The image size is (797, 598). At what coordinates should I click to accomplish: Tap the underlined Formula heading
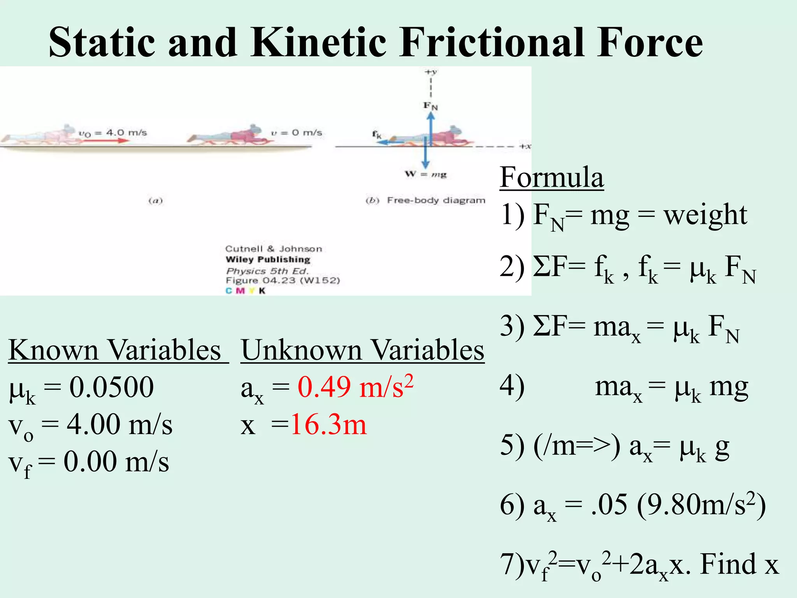pyautogui.click(x=551, y=177)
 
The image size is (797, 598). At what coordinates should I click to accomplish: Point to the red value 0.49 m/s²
pyautogui.click(x=355, y=387)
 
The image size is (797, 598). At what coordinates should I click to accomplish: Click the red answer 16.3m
pyautogui.click(x=328, y=424)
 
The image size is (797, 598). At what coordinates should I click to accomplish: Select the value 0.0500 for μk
pyautogui.click(x=111, y=387)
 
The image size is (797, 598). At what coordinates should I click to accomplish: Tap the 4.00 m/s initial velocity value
pyautogui.click(x=119, y=424)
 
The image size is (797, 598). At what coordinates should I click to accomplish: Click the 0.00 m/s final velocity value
pyautogui.click(x=116, y=462)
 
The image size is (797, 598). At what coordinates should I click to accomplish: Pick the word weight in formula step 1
pyautogui.click(x=705, y=215)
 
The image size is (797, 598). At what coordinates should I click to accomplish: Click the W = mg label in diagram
pyautogui.click(x=426, y=174)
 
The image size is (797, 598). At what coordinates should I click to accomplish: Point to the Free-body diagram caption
pyautogui.click(x=436, y=201)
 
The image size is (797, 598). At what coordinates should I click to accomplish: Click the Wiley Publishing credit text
pyautogui.click(x=268, y=260)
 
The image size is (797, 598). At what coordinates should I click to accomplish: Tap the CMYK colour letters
pyautogui.click(x=246, y=290)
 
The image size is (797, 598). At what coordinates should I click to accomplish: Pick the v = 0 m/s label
pyautogui.click(x=297, y=133)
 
